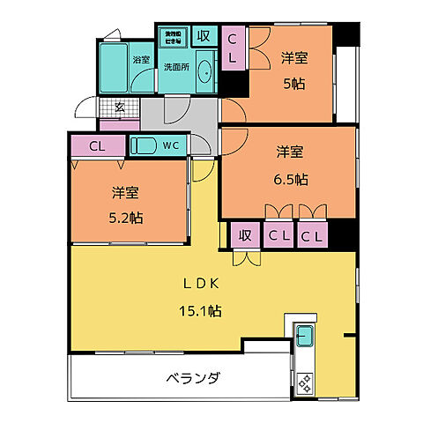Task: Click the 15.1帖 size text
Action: (201, 311)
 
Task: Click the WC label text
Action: (173, 146)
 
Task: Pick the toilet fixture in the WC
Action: (143, 146)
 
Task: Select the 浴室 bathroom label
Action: (140, 60)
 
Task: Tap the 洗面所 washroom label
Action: (176, 67)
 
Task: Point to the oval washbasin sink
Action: (205, 73)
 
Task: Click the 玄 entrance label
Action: (119, 107)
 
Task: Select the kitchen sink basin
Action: (304, 337)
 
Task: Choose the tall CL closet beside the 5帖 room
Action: (233, 48)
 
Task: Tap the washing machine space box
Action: (171, 36)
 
